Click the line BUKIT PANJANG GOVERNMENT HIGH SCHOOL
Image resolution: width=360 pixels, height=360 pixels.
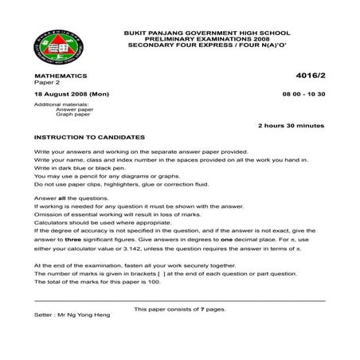point(208,33)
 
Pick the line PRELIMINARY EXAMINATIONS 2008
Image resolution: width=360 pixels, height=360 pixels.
point(208,39)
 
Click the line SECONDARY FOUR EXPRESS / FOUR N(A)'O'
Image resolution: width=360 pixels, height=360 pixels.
point(208,45)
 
